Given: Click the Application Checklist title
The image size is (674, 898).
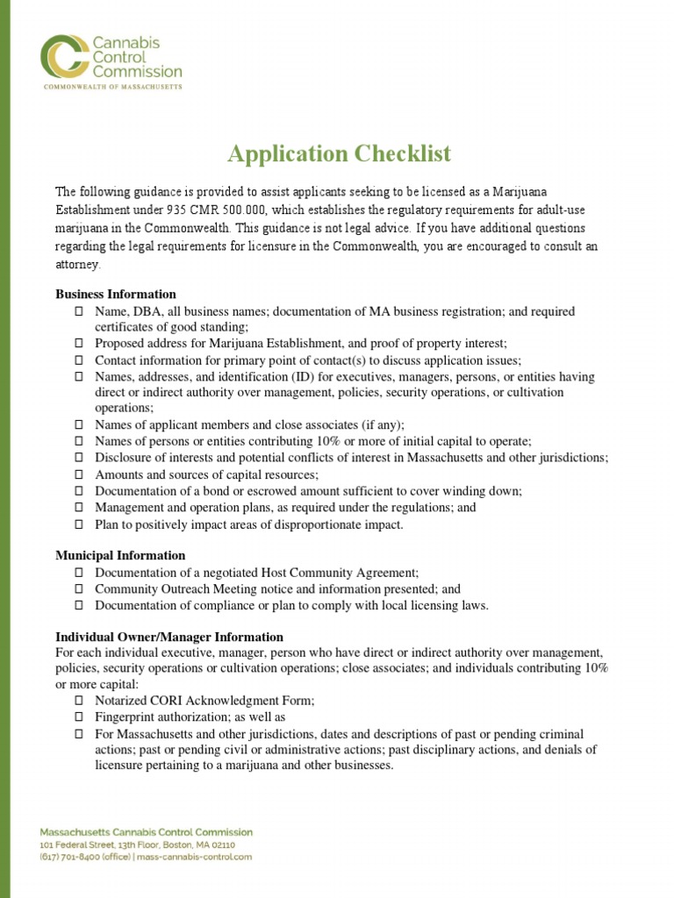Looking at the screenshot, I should pos(339,154).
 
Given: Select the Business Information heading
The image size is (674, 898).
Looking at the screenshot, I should pos(116,294).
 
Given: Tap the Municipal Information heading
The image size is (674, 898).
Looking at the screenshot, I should pos(120,555).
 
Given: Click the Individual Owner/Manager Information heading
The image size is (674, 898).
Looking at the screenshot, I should pos(169,637).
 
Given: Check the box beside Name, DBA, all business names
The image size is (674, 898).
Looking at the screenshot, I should pos(78,311).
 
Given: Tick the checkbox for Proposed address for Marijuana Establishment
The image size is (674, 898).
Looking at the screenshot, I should pos(78,344).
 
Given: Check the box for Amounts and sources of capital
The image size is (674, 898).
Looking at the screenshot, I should pos(78,474).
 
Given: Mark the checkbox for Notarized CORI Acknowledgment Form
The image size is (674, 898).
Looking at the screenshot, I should pos(78,701).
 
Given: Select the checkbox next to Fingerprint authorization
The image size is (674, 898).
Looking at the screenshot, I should pos(78,716).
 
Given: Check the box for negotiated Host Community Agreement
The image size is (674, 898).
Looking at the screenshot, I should pos(78,573).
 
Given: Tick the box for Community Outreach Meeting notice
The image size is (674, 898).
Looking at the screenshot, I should pos(78,589).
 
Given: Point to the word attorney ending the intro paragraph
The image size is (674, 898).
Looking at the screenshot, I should pos(78,264).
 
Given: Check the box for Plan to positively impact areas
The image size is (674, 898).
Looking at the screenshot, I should pos(78,524).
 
